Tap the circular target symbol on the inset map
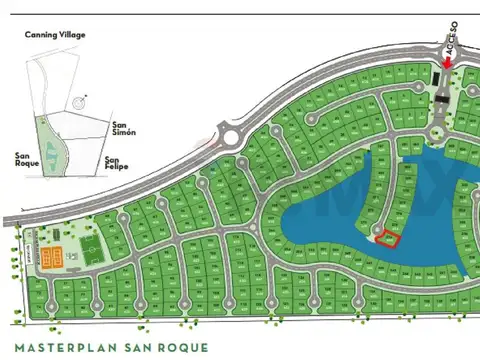(79, 101)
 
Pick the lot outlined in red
(387, 238)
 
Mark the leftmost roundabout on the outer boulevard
(230, 136)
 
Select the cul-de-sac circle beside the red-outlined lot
(375, 231)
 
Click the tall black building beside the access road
(437, 78)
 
